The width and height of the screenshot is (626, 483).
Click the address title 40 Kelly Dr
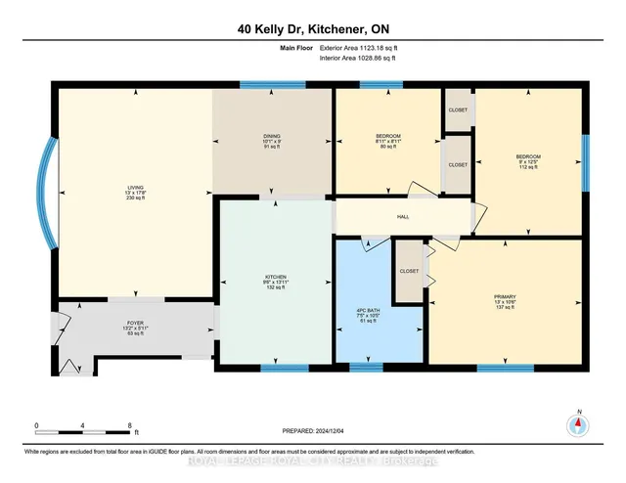click(312, 29)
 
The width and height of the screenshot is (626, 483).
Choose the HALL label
click(403, 216)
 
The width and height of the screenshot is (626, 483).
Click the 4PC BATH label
click(367, 312)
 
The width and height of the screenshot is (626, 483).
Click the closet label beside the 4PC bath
click(409, 272)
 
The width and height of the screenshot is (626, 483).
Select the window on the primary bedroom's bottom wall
click(491, 368)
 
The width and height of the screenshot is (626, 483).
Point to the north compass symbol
click(578, 423)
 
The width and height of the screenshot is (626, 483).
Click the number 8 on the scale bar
click(130, 425)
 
